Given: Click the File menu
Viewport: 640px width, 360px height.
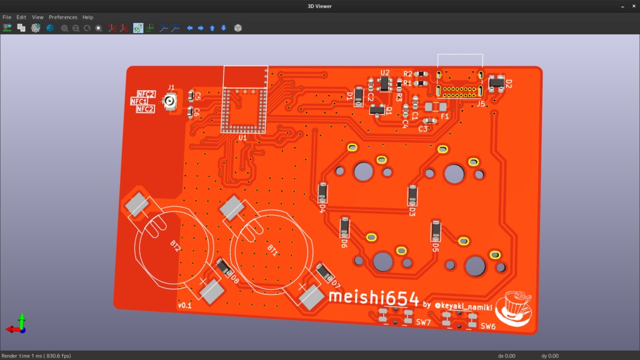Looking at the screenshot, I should pyautogui.click(x=7, y=17).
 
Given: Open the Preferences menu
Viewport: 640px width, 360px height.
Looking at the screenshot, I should pyautogui.click(x=63, y=17).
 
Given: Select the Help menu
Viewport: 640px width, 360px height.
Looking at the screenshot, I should pyautogui.click(x=87, y=17).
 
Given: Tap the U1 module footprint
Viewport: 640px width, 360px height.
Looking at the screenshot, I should pyautogui.click(x=243, y=107).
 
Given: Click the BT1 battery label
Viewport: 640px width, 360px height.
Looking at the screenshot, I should pyautogui.click(x=272, y=249).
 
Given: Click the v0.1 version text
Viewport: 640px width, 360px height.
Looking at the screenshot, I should pyautogui.click(x=185, y=306).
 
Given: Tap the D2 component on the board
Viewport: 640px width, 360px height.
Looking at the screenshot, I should pyautogui.click(x=497, y=83).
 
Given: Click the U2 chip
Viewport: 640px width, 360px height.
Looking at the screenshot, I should pyautogui.click(x=385, y=83).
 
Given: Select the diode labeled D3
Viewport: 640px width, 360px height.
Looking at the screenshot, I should pyautogui.click(x=412, y=195).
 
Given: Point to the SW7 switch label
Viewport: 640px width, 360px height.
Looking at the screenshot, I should pyautogui.click(x=423, y=322).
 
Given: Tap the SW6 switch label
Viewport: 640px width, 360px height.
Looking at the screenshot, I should pyautogui.click(x=488, y=326).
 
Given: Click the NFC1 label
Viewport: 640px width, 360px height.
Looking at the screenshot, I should pyautogui.click(x=139, y=101).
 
